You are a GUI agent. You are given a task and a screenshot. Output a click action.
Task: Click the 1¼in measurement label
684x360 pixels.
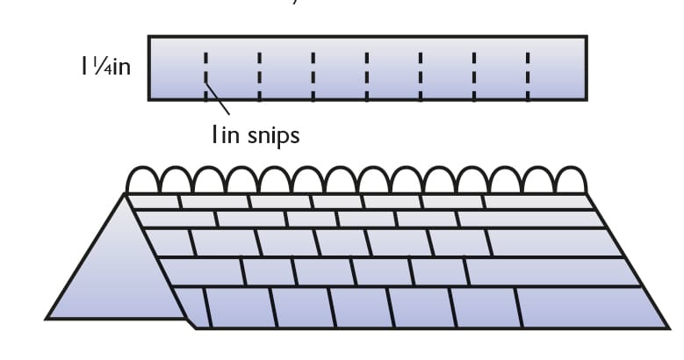(x=106, y=67)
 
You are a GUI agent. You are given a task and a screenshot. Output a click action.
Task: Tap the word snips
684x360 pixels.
(x=274, y=136)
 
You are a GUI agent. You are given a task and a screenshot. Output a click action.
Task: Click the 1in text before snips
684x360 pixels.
(x=226, y=134)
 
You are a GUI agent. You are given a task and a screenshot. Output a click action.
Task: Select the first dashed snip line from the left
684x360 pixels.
(x=205, y=76)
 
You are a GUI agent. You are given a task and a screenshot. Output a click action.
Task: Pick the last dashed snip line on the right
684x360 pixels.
(x=528, y=76)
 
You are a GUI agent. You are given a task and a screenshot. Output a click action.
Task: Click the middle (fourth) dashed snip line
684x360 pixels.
(x=367, y=76)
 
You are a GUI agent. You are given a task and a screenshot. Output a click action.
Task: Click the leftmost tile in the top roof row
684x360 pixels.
(x=154, y=202)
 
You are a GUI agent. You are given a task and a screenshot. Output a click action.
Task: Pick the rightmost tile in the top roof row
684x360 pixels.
(x=537, y=202)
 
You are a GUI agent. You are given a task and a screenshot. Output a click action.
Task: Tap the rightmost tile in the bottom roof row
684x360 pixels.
(x=589, y=307)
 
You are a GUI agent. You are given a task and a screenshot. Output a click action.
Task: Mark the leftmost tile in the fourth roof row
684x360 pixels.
(x=202, y=271)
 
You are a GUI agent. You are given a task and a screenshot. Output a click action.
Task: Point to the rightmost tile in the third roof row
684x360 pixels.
(x=551, y=242)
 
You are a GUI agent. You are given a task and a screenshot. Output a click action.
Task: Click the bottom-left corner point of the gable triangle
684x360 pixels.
(x=47, y=319)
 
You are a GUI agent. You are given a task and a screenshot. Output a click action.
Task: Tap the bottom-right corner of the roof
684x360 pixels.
(x=668, y=328)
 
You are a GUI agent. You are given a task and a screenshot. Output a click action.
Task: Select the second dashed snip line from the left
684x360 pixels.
(x=260, y=76)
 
